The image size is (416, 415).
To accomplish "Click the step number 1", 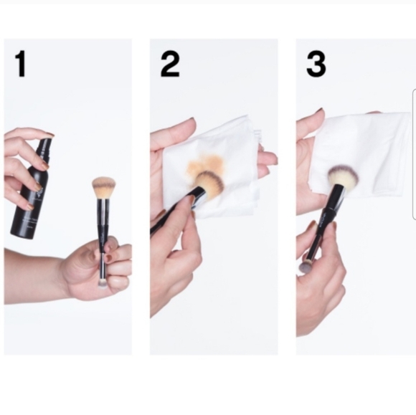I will click(20, 64).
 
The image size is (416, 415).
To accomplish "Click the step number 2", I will click(170, 64).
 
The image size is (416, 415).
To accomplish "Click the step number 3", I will click(316, 64).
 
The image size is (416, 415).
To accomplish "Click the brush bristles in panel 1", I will click(104, 188).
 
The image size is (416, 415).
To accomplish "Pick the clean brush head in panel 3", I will click(343, 177).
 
